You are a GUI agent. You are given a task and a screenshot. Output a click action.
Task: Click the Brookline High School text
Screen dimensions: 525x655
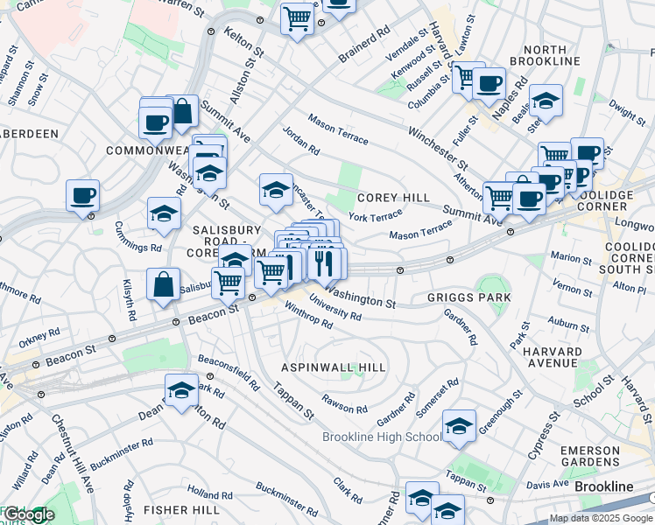[x=382, y=437]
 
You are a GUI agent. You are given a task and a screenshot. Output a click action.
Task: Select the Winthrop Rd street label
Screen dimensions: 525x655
[x=308, y=315]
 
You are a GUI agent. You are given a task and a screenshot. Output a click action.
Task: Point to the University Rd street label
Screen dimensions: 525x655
[x=335, y=311]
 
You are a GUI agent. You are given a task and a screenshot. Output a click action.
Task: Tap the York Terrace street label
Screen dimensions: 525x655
[x=375, y=214]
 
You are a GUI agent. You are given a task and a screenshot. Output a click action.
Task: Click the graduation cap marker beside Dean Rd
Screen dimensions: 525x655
[x=181, y=391]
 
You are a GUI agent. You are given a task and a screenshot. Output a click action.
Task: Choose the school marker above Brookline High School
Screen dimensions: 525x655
[x=459, y=426]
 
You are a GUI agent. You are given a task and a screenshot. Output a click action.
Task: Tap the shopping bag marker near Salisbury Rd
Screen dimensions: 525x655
[x=164, y=284]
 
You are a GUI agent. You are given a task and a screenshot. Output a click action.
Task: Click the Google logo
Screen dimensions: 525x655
[x=28, y=515]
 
